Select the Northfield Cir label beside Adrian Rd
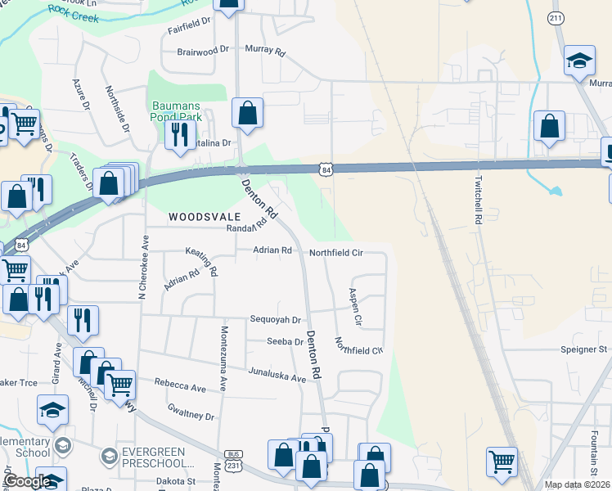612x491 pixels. click(335, 253)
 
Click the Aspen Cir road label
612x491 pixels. click(355, 304)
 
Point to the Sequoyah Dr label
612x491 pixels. click(276, 320)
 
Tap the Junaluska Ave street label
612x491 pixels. click(277, 374)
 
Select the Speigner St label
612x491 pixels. click(584, 349)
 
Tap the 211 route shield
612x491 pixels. click(556, 17)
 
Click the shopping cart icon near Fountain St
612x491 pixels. click(501, 460)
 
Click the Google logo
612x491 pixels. click(27, 482)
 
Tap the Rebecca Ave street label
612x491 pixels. click(180, 386)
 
